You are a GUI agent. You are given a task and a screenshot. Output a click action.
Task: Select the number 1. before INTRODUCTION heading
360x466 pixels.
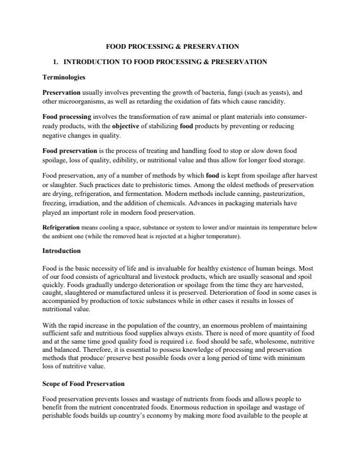click(55, 61)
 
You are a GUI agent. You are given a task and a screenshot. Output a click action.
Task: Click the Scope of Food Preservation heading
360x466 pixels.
click(84, 384)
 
